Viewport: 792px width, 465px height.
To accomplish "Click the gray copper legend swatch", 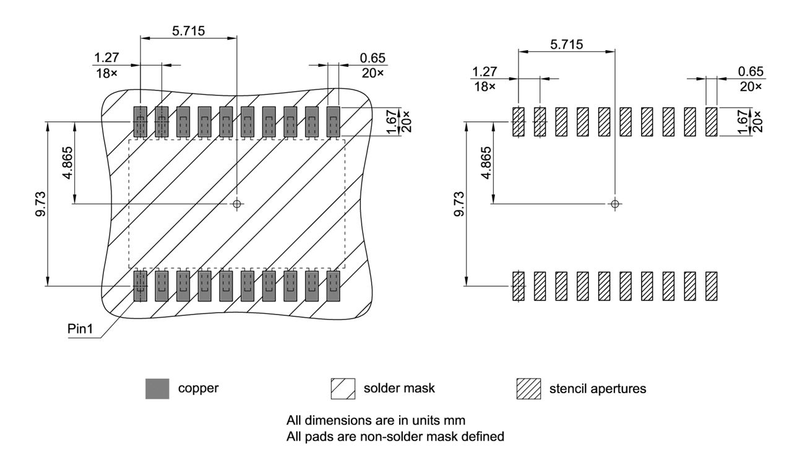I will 157,389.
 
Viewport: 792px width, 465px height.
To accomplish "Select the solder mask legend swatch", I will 343,389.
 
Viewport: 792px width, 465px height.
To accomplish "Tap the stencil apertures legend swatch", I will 528,389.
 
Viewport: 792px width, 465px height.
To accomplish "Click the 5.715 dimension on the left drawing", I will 188,30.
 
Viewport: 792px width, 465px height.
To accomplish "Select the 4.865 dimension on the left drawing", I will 68,162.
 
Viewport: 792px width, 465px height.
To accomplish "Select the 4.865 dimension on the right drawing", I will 486,162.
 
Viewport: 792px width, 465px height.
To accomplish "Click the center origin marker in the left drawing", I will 237,204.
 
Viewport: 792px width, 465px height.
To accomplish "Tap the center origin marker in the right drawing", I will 614,204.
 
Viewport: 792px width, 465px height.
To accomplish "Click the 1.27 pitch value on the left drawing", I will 105,58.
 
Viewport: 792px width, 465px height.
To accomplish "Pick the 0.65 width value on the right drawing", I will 751,72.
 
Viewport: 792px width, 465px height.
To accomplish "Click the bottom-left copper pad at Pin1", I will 140,285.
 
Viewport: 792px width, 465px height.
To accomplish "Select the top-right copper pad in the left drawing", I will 334,121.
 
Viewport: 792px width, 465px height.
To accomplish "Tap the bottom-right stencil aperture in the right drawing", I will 711,286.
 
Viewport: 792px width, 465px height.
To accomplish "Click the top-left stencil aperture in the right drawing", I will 519,122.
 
